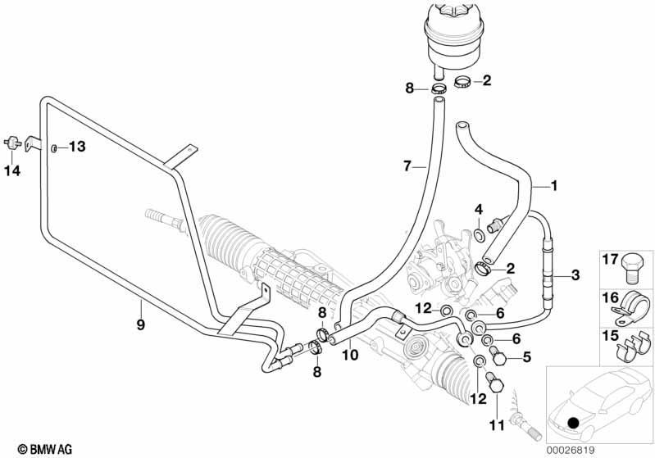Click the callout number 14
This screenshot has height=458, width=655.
[12, 170]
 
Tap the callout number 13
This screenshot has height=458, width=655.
[77, 146]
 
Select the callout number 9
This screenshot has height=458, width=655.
[141, 324]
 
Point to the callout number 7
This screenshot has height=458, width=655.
[407, 166]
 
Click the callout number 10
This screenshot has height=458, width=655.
[350, 355]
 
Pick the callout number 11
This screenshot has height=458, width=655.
[497, 425]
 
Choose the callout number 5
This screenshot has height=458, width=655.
[527, 357]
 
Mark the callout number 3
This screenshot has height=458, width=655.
[575, 275]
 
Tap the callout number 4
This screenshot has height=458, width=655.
[479, 209]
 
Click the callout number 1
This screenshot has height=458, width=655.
[554, 185]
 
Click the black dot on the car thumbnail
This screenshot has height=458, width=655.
[574, 424]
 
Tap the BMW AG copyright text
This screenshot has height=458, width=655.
[45, 449]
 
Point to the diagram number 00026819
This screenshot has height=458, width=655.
[570, 450]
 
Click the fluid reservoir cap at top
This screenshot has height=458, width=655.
[454, 9]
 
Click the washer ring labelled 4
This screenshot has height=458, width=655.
[480, 235]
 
